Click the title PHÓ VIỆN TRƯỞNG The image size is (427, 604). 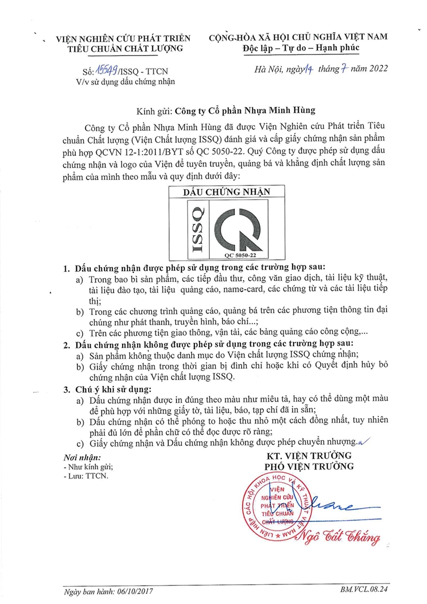[x=310, y=466]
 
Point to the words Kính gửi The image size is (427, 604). [x=152, y=111]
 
